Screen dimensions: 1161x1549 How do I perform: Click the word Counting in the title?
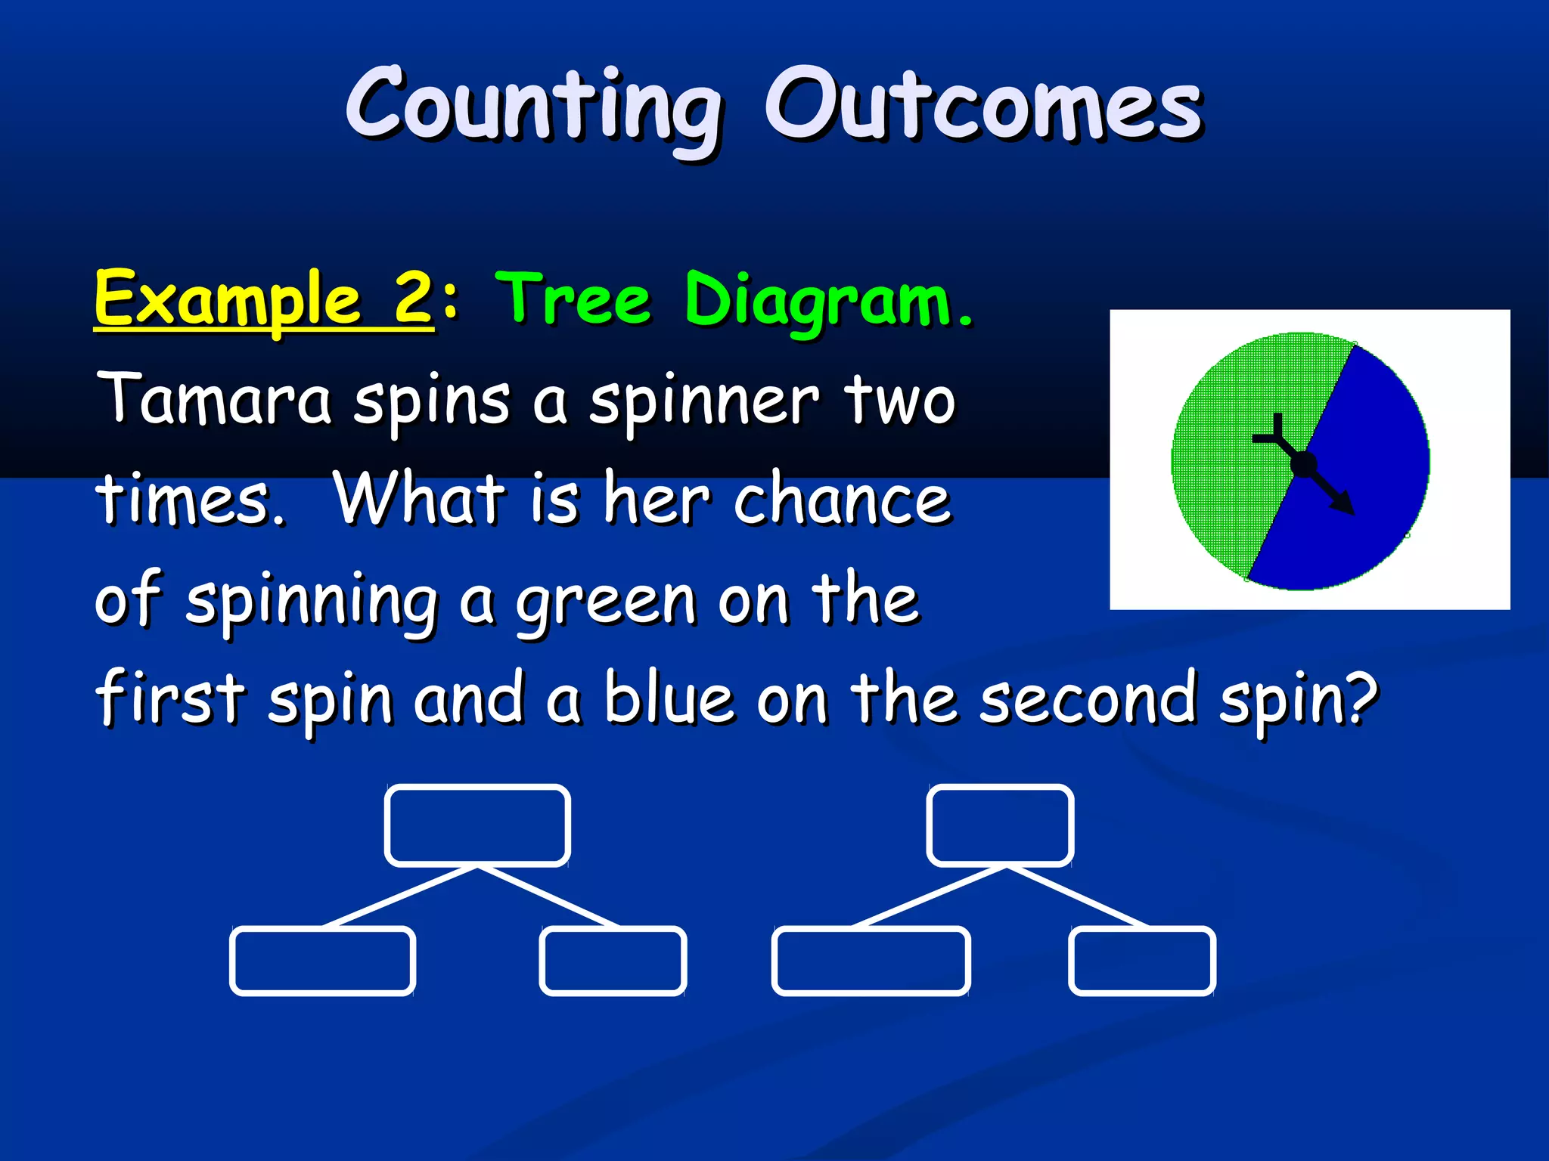[533, 106]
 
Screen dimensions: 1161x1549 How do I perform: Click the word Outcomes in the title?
[983, 106]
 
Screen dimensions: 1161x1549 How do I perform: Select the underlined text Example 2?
[263, 299]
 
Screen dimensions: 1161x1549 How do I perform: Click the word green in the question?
[605, 602]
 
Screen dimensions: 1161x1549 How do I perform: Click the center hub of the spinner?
[1303, 464]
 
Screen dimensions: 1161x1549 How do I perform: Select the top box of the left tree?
[477, 825]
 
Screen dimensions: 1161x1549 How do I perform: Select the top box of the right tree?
[1000, 825]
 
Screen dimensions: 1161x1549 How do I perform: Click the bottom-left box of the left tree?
[322, 961]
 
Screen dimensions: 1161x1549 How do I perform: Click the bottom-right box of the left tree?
[613, 961]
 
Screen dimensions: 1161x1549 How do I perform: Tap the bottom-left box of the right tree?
[871, 961]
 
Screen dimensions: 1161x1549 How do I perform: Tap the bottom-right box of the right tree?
[1142, 961]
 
